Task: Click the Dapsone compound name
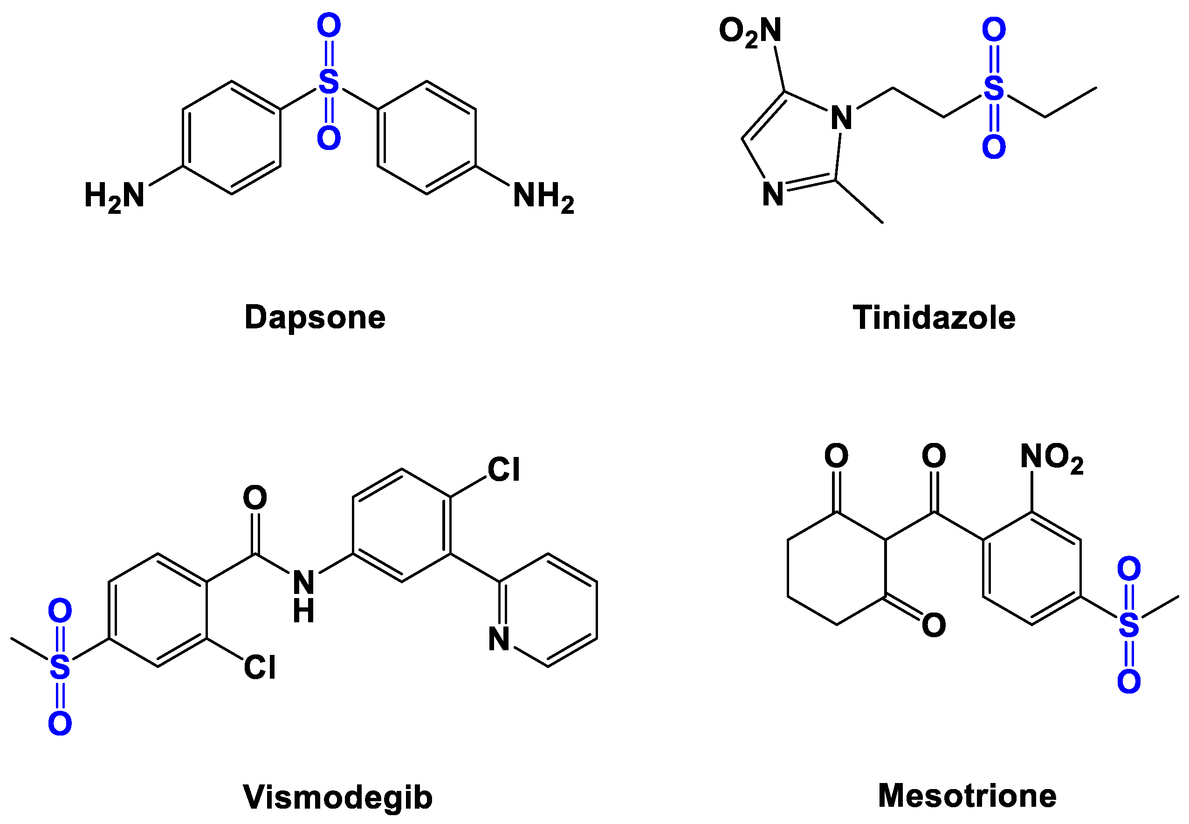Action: click(315, 317)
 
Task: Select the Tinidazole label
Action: click(934, 317)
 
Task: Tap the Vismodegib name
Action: click(337, 797)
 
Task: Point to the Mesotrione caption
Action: click(967, 795)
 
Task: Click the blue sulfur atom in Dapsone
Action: click(329, 82)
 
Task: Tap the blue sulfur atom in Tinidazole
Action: click(993, 89)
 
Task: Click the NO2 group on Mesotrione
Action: click(1052, 457)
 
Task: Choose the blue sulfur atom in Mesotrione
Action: click(1128, 625)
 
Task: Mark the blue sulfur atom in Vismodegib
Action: click(60, 667)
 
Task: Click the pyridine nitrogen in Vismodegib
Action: click(499, 639)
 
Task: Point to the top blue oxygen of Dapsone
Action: click(329, 25)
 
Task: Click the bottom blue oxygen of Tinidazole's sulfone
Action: click(993, 147)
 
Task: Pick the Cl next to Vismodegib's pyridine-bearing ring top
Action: click(503, 470)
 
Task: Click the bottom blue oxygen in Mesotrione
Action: click(1128, 681)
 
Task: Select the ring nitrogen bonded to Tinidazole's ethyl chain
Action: click(841, 118)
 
